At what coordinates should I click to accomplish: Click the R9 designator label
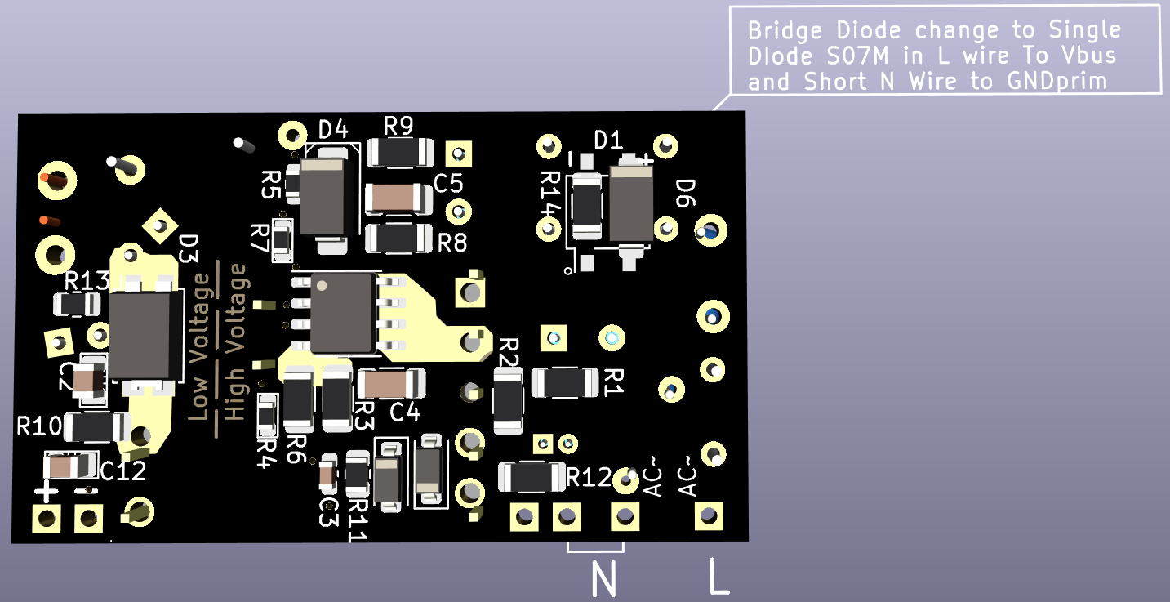coord(398,127)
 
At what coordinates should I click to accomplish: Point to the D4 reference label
coord(333,129)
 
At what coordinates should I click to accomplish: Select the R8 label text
coord(452,243)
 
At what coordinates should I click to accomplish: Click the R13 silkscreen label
coord(87,282)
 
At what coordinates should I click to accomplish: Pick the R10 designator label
coord(39,426)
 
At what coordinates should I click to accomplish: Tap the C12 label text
coord(123,470)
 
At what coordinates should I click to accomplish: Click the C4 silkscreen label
coord(405,412)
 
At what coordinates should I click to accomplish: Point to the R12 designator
coord(589,477)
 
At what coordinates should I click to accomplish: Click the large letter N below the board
coord(603,581)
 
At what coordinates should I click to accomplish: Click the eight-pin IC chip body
coord(341,313)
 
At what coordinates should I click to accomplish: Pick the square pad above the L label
coord(709,515)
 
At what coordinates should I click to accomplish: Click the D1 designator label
coord(607,140)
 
